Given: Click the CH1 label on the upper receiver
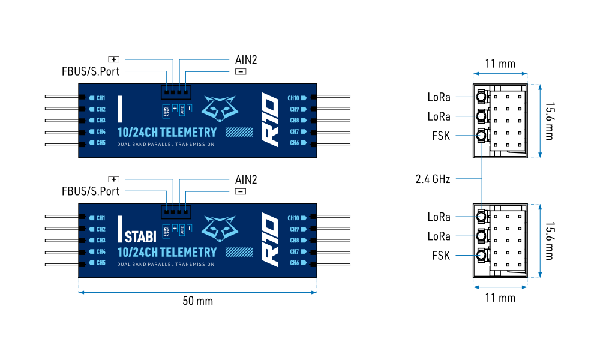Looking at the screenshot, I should coord(100,98).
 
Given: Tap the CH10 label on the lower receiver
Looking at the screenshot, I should coord(293,218).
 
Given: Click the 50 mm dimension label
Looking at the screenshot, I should coord(197,301).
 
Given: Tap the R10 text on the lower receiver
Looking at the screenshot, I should coord(271,240).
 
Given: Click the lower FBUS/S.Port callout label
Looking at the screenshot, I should coord(91,191).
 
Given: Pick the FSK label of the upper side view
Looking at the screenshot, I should coord(440,136).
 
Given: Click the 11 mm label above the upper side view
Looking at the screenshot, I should coord(500,64).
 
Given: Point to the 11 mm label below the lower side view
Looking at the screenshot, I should coord(500,298).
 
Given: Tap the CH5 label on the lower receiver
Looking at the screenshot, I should coord(100,263).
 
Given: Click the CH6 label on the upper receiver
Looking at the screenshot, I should coord(295,143).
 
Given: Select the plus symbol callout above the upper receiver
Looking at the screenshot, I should coord(114,59).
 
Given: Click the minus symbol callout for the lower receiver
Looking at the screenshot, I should coord(241,191).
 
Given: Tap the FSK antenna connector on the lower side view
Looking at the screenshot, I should coord(482,256).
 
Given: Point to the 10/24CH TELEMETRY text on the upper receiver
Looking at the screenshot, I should coord(167,132).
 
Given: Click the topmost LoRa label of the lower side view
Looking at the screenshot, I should coord(439,217).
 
